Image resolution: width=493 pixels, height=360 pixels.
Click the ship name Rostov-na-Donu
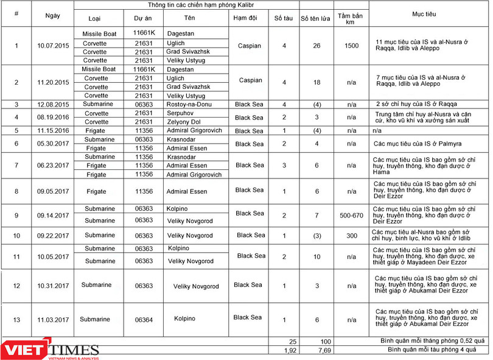(x=189, y=104)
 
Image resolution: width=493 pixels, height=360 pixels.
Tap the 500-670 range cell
(x=351, y=215)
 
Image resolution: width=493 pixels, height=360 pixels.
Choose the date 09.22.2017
(x=53, y=236)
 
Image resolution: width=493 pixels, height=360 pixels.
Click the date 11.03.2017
(x=53, y=319)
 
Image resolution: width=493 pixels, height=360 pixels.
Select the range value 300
(x=352, y=236)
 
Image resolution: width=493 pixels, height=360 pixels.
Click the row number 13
(x=16, y=319)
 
